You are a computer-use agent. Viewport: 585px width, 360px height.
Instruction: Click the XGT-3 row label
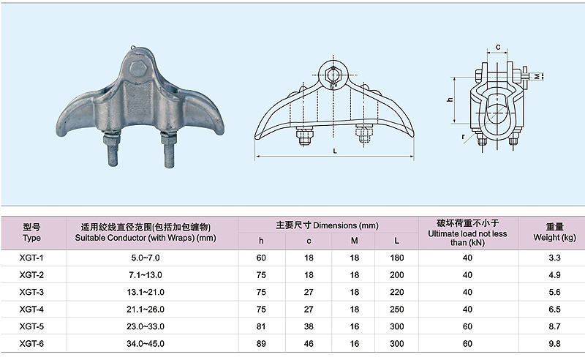[x=31, y=292]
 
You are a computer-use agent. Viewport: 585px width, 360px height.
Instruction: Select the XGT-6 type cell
[x=31, y=344]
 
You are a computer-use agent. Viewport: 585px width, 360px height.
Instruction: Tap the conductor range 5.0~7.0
[x=146, y=258]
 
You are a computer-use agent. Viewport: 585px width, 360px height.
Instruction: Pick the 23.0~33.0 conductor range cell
[x=146, y=326]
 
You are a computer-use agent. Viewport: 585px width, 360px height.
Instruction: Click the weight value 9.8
[x=554, y=344]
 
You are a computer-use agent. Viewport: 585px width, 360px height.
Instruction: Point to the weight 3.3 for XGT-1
[x=554, y=258]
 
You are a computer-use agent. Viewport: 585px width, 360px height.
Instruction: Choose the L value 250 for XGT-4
[x=396, y=310]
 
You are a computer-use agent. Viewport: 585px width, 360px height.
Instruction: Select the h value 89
[x=261, y=344]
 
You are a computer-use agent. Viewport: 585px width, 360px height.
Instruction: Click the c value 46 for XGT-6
[x=309, y=344]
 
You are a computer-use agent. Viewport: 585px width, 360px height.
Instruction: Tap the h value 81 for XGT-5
[x=261, y=326]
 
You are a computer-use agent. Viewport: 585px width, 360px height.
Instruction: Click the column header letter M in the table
[x=355, y=241]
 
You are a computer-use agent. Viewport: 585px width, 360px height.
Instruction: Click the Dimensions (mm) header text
[x=346, y=225]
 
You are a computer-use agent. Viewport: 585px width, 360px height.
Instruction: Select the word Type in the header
[x=31, y=238]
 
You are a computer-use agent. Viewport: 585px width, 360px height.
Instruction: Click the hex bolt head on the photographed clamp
[x=137, y=69]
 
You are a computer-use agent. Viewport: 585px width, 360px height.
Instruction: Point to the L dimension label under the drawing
[x=335, y=151]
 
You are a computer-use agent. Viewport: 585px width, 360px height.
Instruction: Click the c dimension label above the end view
[x=498, y=47]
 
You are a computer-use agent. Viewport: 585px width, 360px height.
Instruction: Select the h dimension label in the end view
[x=450, y=100]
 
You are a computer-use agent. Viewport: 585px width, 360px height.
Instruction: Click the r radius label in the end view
[x=464, y=137]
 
